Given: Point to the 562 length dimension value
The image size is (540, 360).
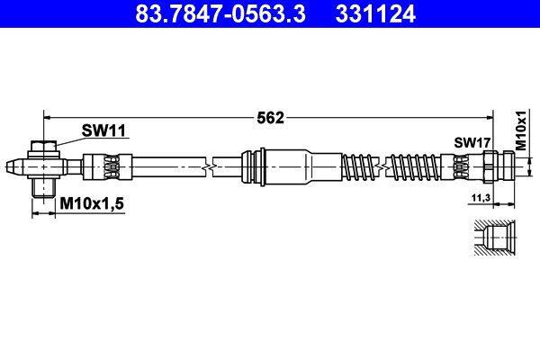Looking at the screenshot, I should point(271,117).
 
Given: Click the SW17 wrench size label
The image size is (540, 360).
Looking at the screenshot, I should point(472,142).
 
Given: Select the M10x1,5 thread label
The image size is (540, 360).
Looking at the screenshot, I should point(91,205).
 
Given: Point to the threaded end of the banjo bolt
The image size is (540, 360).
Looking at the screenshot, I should point(43,188).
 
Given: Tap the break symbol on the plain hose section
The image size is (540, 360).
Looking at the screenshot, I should point(208,166).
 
